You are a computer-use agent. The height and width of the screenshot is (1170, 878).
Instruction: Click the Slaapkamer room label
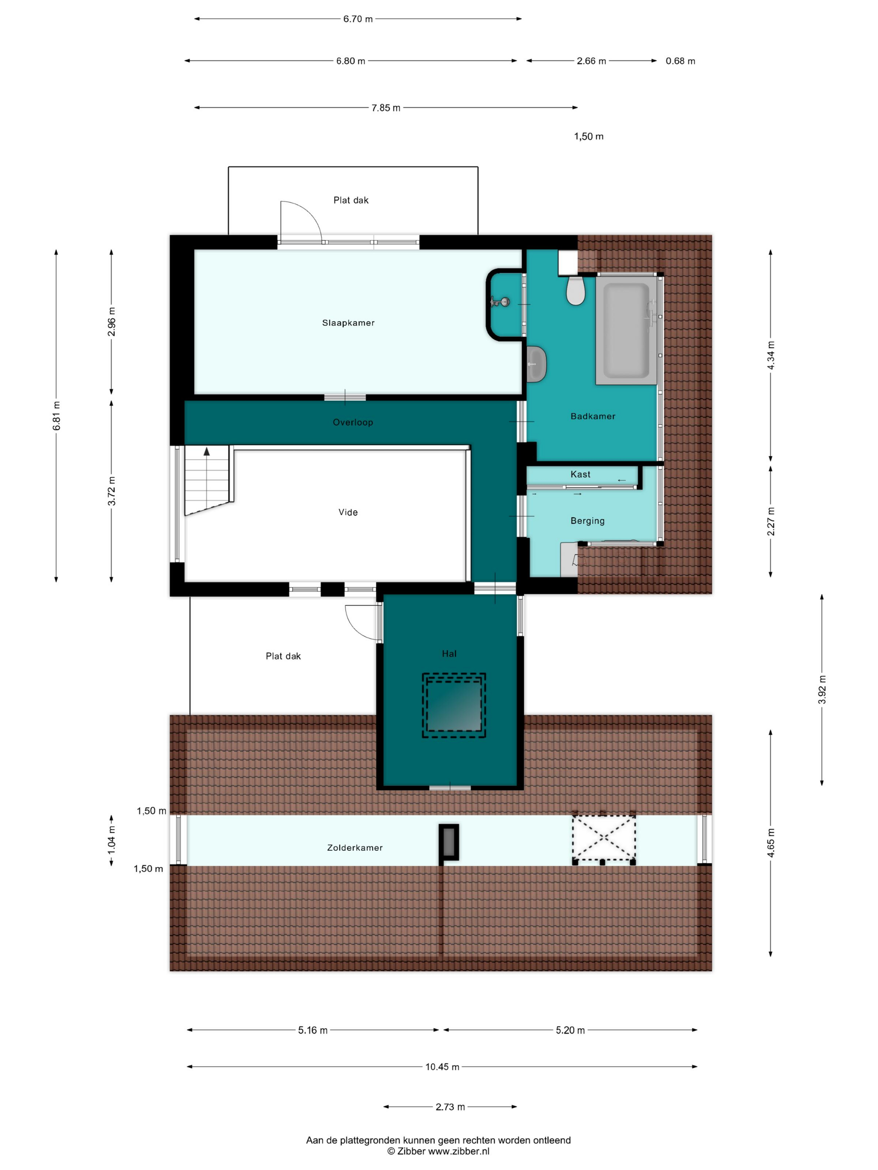348,323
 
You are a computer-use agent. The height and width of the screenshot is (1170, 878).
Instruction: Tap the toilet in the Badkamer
575,290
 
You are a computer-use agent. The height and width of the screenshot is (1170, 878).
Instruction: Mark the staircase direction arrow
207,452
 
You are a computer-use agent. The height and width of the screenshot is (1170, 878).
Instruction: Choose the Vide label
348,512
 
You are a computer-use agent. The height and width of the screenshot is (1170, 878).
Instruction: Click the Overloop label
353,422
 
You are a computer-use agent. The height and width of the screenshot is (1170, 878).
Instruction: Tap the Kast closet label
581,474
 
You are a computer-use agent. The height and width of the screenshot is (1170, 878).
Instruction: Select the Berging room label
587,521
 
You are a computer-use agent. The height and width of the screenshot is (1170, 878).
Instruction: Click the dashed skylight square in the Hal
454,705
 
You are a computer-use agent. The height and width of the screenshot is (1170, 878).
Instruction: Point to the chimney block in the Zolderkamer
449,842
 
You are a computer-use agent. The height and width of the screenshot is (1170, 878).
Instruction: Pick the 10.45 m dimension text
442,1067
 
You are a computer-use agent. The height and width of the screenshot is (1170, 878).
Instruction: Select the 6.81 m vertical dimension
56,416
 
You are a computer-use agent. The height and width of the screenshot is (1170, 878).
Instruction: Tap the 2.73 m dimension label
450,1107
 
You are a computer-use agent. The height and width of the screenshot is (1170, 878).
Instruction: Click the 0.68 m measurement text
681,61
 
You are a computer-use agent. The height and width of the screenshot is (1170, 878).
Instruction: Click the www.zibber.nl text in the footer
458,1151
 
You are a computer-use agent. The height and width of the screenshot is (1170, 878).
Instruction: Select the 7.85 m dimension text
386,108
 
